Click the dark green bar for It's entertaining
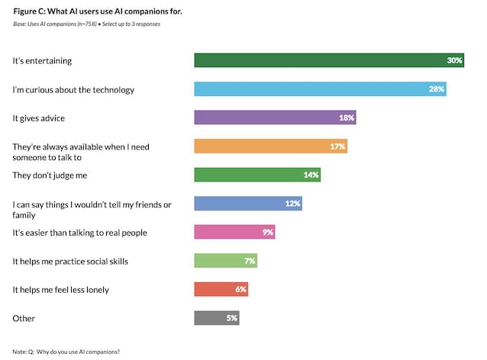click(x=328, y=60)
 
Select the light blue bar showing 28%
click(x=320, y=89)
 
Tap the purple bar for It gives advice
click(x=275, y=117)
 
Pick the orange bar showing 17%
click(x=271, y=146)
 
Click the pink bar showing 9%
click(x=234, y=232)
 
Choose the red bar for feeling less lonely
click(x=221, y=289)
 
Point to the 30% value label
click(x=455, y=60)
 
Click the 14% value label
click(x=311, y=175)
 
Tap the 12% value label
click(x=293, y=204)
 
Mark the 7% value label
click(x=250, y=261)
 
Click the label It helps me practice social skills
click(x=70, y=261)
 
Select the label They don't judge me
click(x=51, y=175)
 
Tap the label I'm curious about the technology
click(x=73, y=89)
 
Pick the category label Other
click(x=24, y=317)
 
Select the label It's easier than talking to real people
click(x=79, y=232)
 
